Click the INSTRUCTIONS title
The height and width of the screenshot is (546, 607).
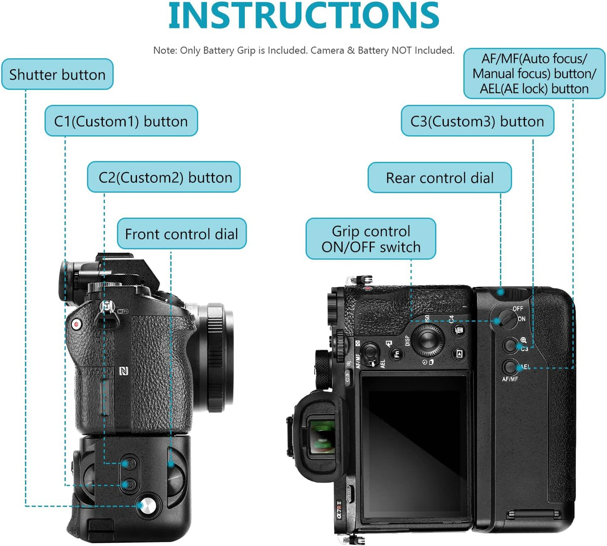pyautogui.click(x=303, y=16)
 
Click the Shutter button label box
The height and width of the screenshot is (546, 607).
pyautogui.click(x=57, y=74)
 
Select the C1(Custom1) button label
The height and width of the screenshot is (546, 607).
pyautogui.click(x=121, y=121)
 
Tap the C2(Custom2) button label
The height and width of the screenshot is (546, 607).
pyautogui.click(x=164, y=177)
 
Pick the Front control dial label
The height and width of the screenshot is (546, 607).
pyautogui.click(x=181, y=234)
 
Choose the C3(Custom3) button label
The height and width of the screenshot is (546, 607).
pyautogui.click(x=477, y=121)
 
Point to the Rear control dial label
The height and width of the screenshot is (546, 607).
pyautogui.click(x=439, y=178)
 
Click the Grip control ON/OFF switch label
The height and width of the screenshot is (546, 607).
pyautogui.click(x=371, y=239)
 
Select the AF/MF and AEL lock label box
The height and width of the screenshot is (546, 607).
pyautogui.click(x=534, y=73)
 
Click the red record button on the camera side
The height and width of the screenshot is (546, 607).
pyautogui.click(x=76, y=324)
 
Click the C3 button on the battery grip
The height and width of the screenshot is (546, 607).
pyautogui.click(x=510, y=345)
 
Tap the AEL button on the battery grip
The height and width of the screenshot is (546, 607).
pyautogui.click(x=510, y=367)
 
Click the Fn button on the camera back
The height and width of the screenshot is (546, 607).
pyautogui.click(x=397, y=354)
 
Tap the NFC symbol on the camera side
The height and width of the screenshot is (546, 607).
pyautogui.click(x=124, y=371)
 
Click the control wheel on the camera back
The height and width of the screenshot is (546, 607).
pyautogui.click(x=428, y=339)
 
